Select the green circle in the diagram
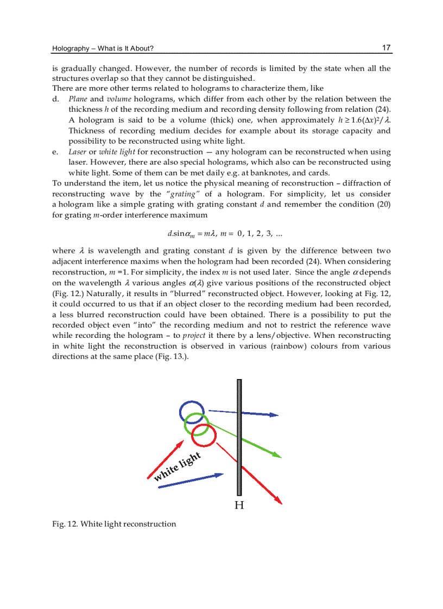coord(197,424)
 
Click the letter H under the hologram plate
coord(239,505)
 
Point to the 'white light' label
coord(177,467)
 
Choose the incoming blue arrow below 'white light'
coord(190,480)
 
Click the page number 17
coord(386,48)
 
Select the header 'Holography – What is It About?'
coord(103,49)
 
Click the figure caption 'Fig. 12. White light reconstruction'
coord(114,524)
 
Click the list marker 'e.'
coord(55,152)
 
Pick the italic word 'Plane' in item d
coord(78,99)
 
